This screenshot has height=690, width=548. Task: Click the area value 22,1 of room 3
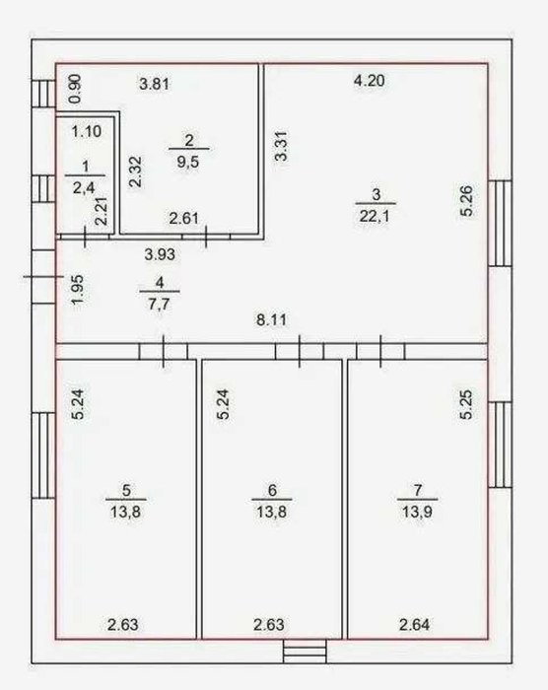tap(376, 216)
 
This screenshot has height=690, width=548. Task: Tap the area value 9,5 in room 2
tap(188, 162)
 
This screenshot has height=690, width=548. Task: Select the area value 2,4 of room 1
tap(84, 188)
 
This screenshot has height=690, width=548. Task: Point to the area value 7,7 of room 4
tap(160, 304)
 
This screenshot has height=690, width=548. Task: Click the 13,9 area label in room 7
tap(416, 512)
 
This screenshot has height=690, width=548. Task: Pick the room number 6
tap(272, 490)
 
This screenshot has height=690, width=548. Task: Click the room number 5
tap(126, 490)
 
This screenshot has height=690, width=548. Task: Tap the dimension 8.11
tap(272, 319)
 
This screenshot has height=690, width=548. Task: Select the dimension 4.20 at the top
tap(370, 81)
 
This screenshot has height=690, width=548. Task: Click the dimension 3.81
tap(154, 84)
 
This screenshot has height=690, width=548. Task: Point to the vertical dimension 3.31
tap(280, 146)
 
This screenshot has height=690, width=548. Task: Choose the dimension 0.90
tap(75, 89)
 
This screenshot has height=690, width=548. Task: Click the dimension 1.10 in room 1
tap(87, 131)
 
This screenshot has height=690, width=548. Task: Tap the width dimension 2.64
tap(414, 624)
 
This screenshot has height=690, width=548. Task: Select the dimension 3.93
tap(160, 254)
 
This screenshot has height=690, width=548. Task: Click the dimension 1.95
tap(78, 290)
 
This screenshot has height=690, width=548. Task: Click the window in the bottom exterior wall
tap(305, 652)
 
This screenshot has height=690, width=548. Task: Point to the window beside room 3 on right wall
tap(500, 223)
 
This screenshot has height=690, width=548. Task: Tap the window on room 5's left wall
tap(43, 455)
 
